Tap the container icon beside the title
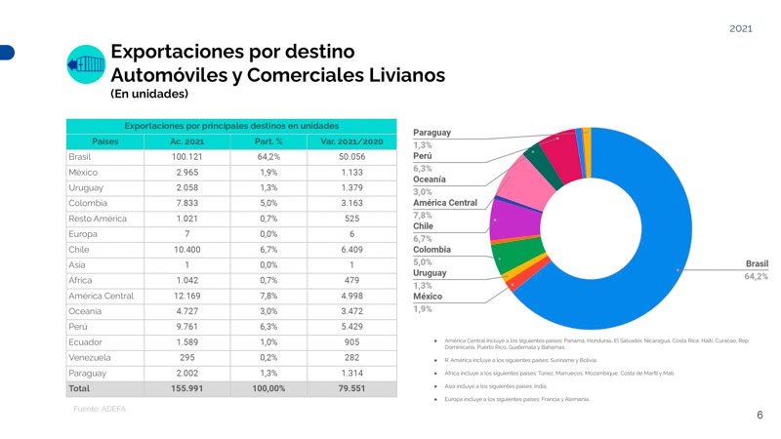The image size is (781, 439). [x=85, y=63]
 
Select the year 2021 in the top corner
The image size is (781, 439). [x=741, y=29]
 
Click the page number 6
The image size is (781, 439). [x=760, y=415]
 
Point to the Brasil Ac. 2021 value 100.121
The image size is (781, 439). [x=185, y=156]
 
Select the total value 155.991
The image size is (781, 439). [x=185, y=388]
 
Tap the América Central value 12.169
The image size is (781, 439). [x=185, y=296]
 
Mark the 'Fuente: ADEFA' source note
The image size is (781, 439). [x=100, y=409]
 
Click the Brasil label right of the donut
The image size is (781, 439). [x=756, y=263]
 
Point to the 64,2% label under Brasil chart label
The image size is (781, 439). [x=756, y=276]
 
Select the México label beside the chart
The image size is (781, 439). [x=428, y=296]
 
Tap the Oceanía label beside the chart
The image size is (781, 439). [x=430, y=180]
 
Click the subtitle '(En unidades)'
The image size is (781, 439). [x=149, y=95]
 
